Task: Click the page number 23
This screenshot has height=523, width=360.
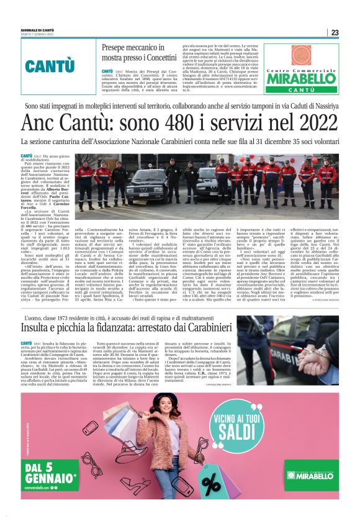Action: [x=335, y=32]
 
